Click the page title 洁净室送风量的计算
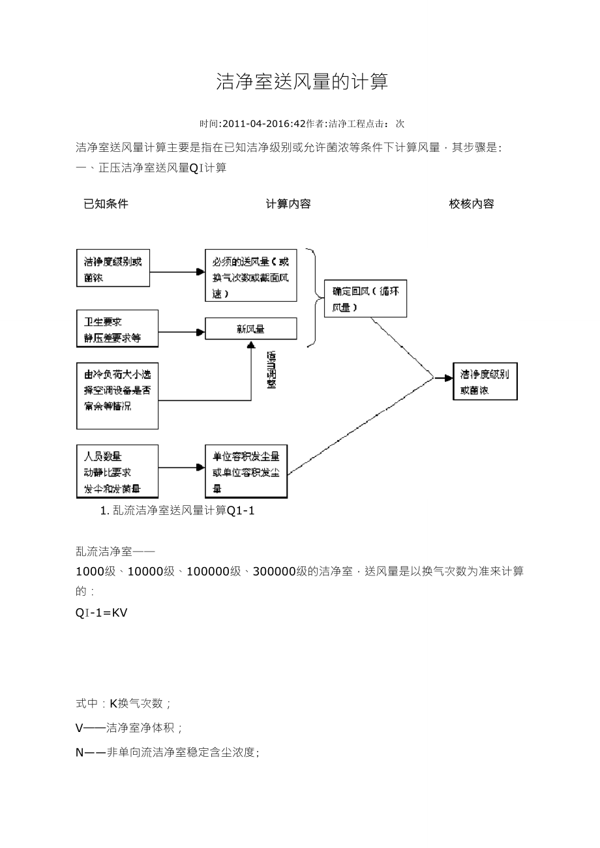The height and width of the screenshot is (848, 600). [302, 82]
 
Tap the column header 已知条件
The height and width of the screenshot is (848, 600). [106, 204]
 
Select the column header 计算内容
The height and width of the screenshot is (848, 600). [288, 204]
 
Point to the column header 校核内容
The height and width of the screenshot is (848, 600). [472, 204]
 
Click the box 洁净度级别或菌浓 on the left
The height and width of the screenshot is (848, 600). [112, 269]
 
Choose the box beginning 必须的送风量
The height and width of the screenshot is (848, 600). [250, 274]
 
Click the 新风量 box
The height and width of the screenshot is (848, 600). [250, 329]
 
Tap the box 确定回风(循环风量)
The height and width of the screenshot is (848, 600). [365, 299]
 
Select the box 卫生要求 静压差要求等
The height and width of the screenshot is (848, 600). [117, 329]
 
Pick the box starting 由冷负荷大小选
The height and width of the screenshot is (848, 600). [117, 396]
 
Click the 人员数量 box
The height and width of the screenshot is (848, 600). [117, 471]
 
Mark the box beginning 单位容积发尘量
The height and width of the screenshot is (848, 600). [246, 471]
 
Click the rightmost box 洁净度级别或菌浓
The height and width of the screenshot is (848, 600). [485, 381]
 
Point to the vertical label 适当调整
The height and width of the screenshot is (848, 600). [271, 370]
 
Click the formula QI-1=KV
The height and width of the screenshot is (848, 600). [102, 613]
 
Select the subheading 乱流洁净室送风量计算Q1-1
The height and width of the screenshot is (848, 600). [177, 510]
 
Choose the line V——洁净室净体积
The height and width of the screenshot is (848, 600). [129, 727]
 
